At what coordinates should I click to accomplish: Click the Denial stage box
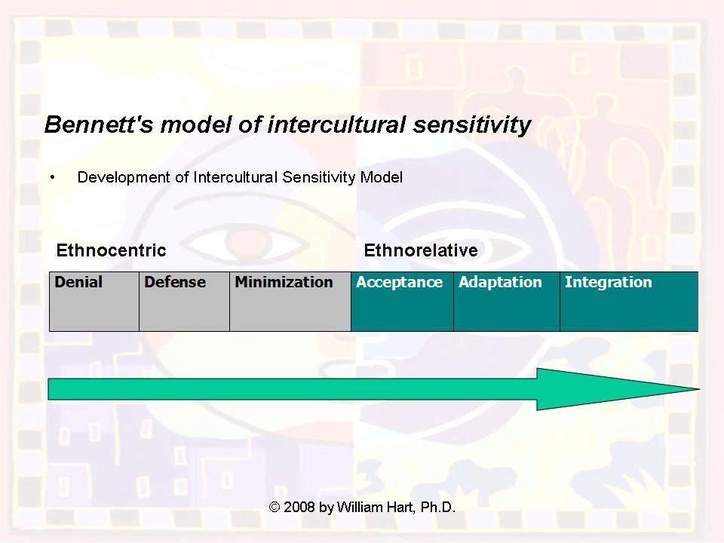94,301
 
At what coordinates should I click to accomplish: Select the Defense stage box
184,301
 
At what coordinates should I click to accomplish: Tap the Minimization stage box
290,301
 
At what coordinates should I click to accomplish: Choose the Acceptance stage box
402,301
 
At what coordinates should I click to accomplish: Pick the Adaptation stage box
506,301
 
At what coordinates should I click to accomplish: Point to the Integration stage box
628,301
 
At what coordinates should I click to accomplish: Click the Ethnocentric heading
111,250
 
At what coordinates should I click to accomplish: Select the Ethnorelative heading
420,250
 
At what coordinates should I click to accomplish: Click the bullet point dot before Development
53,177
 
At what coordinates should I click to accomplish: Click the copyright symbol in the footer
275,508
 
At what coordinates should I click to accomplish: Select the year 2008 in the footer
299,508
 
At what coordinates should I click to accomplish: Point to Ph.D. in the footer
437,508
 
